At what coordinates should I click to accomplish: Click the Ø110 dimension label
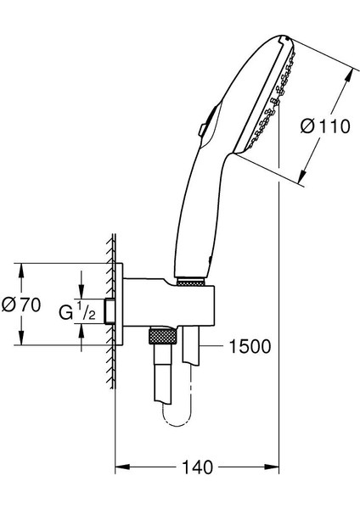325,126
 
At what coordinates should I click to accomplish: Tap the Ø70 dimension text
21,305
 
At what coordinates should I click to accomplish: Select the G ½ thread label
77,310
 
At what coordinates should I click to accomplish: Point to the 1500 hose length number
250,346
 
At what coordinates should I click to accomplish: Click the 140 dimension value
198,467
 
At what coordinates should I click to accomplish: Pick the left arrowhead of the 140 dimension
122,467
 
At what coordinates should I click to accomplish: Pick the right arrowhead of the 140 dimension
272,467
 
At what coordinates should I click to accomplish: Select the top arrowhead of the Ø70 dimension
21,271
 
